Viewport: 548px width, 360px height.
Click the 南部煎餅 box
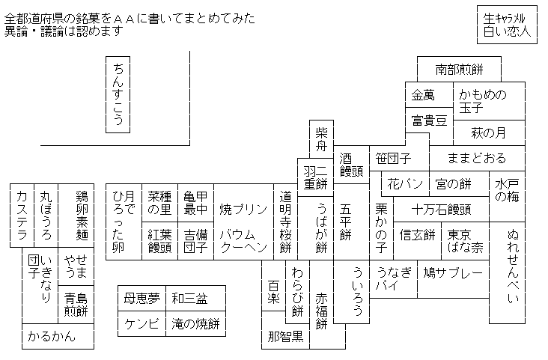[x=459, y=69]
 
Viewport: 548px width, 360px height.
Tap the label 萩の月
[x=489, y=132]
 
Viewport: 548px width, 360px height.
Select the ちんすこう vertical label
[x=118, y=95]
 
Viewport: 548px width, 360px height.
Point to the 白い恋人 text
[x=507, y=31]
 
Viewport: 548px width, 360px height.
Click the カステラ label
[x=22, y=216]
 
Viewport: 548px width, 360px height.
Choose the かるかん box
[x=58, y=336]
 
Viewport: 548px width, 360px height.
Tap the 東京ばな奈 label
[x=465, y=241]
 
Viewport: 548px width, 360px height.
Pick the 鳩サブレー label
[x=453, y=272]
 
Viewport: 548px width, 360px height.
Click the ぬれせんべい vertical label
[x=513, y=266]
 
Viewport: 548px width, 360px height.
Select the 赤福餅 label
[x=321, y=311]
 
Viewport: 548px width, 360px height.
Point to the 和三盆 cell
[x=189, y=298]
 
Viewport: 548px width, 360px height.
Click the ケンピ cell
[x=142, y=323]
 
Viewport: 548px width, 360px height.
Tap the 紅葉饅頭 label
[x=159, y=241]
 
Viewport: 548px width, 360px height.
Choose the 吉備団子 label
[x=195, y=241]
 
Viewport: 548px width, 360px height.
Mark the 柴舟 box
[x=321, y=139]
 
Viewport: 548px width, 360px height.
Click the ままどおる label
[x=477, y=159]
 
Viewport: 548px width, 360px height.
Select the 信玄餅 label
[x=417, y=234]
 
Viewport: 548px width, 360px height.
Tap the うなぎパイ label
[x=394, y=279]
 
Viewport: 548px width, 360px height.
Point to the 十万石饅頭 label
[x=441, y=210]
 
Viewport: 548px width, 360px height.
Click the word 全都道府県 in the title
[x=34, y=19]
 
